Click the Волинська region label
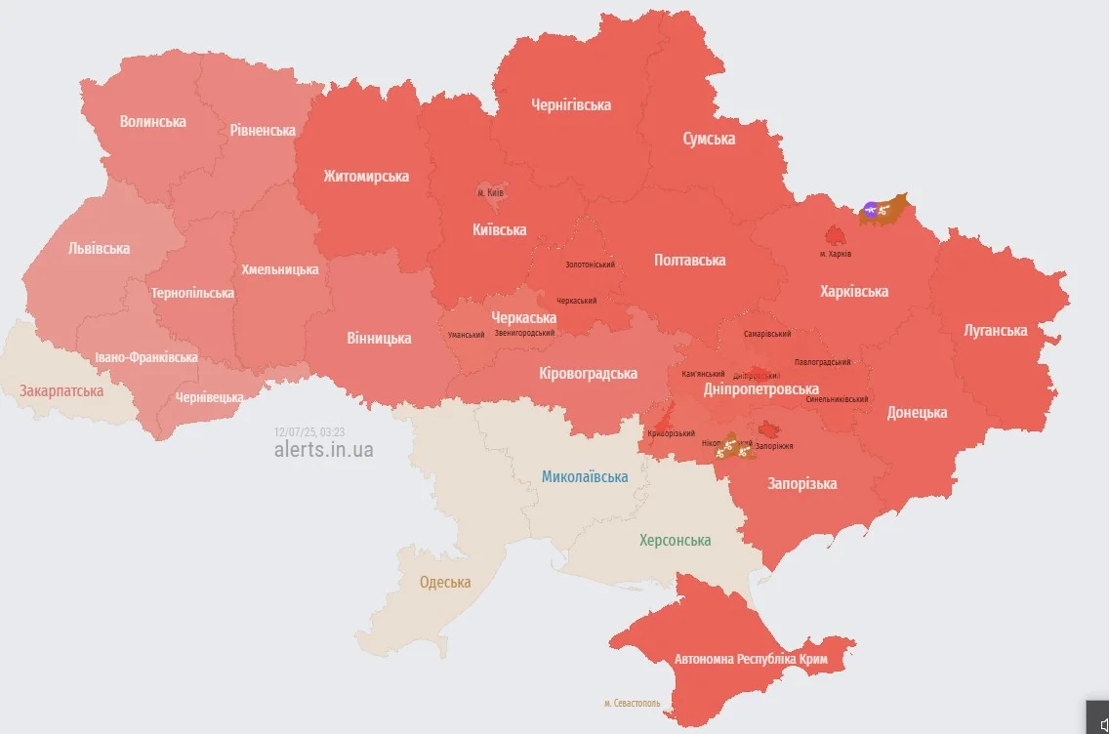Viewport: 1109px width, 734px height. pyautogui.click(x=152, y=122)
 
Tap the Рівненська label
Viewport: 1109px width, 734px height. pyautogui.click(x=263, y=130)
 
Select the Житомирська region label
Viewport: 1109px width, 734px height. pyautogui.click(x=366, y=177)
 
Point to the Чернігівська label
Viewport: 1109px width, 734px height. pyautogui.click(x=571, y=104)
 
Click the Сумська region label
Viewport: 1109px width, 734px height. pyautogui.click(x=709, y=139)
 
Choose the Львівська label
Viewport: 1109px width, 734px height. pyautogui.click(x=99, y=248)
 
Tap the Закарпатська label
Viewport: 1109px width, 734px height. pyautogui.click(x=62, y=390)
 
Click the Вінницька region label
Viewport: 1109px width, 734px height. pyautogui.click(x=379, y=339)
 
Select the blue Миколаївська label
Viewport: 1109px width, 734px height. pyautogui.click(x=585, y=476)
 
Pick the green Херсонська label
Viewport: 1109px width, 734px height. pyautogui.click(x=675, y=540)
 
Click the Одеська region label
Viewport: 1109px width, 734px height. pyautogui.click(x=445, y=583)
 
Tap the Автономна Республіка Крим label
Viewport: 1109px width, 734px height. pyautogui.click(x=751, y=660)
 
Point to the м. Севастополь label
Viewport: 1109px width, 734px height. pyautogui.click(x=632, y=703)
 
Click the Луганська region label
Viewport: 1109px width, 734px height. pyautogui.click(x=995, y=330)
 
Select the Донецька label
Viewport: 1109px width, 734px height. pyautogui.click(x=917, y=412)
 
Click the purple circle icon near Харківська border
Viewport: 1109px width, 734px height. pyautogui.click(x=870, y=209)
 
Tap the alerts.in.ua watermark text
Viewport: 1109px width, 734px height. pyautogui.click(x=323, y=450)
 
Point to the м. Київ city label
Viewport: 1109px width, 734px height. pyautogui.click(x=490, y=193)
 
